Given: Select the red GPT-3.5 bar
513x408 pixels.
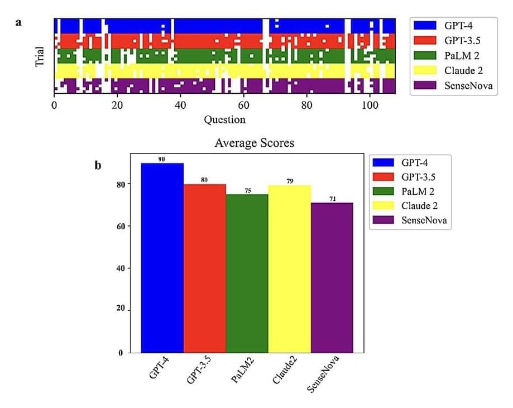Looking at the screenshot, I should click(x=204, y=268).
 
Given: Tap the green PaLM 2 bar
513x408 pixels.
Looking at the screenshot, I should click(x=247, y=273).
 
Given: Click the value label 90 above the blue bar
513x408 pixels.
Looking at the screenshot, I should click(x=162, y=159).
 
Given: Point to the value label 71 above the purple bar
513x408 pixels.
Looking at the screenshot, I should click(x=332, y=199).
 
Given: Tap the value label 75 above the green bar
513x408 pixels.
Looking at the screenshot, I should click(x=247, y=190).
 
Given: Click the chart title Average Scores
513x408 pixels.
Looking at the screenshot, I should click(x=254, y=143).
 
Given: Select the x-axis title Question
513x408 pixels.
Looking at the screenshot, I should click(x=224, y=119).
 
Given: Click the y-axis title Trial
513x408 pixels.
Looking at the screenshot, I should click(x=40, y=56).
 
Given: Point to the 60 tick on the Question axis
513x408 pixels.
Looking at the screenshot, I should click(x=243, y=104).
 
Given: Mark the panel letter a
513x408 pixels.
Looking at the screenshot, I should click(x=20, y=23).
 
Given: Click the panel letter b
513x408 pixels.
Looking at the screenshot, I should click(x=98, y=165).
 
